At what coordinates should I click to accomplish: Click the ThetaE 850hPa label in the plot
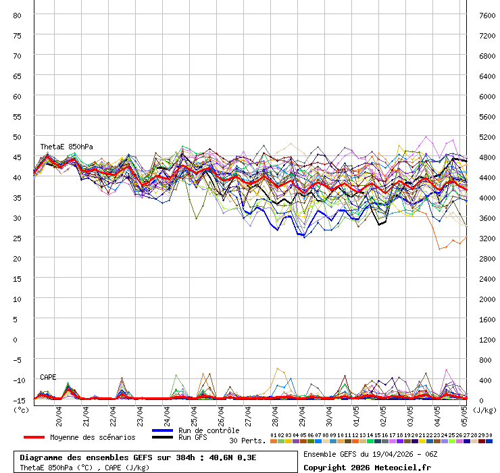point(66,147)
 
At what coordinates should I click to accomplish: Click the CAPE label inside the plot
point(48,377)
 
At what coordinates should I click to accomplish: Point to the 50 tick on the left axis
point(18,136)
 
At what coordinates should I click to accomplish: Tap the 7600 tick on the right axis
point(486,15)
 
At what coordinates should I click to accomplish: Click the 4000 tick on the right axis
point(486,197)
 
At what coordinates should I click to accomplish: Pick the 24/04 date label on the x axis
point(167,413)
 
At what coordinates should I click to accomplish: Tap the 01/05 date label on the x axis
point(356,413)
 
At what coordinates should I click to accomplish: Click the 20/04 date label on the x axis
point(59,413)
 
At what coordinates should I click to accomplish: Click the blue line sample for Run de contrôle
point(162,430)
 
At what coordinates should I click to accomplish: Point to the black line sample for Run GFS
point(162,438)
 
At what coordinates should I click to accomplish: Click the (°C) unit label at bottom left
point(21,409)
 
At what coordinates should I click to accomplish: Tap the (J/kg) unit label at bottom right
point(484,409)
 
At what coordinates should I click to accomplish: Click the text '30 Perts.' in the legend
point(247,441)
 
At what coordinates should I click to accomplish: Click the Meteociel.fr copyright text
point(366,467)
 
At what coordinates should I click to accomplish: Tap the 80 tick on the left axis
point(18,15)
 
